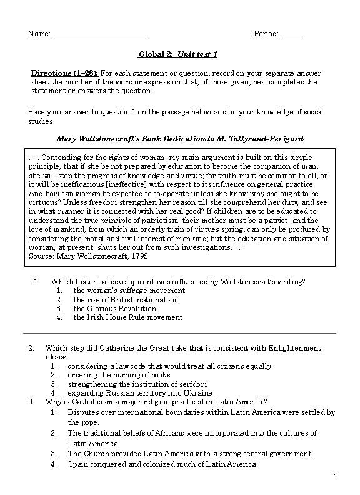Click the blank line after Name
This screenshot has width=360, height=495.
100,34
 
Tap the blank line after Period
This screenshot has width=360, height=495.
292,34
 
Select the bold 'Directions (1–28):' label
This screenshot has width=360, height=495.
65,72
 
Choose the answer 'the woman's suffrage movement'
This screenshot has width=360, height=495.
129,291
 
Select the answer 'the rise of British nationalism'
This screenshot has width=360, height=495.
126,299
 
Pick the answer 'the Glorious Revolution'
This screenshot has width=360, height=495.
114,308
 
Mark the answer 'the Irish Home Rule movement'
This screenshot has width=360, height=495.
127,317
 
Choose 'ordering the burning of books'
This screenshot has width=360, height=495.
119,375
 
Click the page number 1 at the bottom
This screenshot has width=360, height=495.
336,477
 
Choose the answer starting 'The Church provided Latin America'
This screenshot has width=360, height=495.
190,454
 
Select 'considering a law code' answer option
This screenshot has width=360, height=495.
169,366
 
